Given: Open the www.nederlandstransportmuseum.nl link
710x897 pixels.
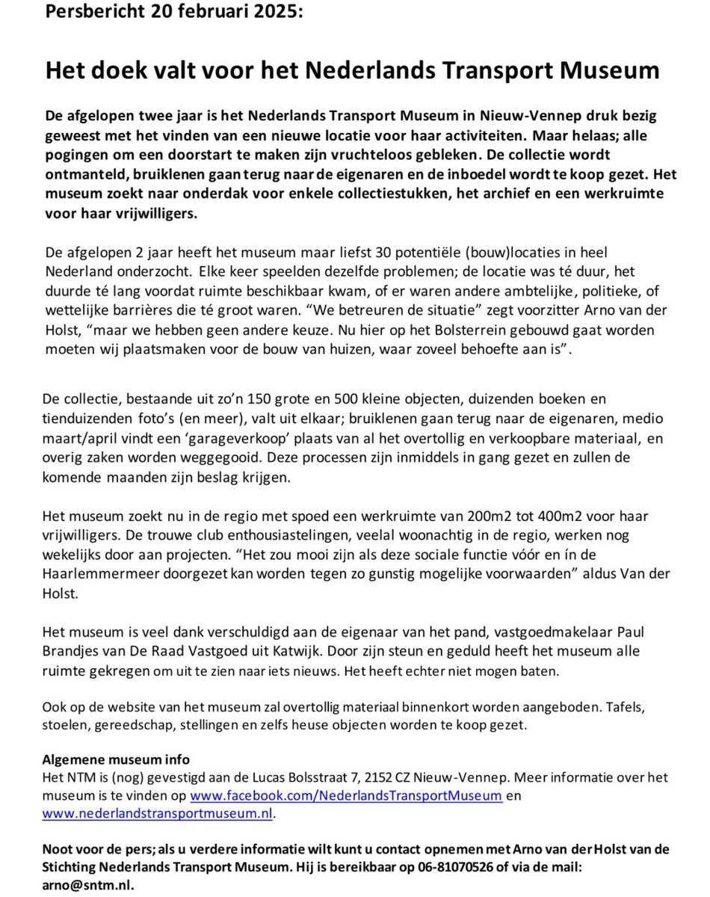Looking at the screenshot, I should [x=158, y=814].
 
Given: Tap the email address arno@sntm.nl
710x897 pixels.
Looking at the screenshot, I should [x=90, y=884].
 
